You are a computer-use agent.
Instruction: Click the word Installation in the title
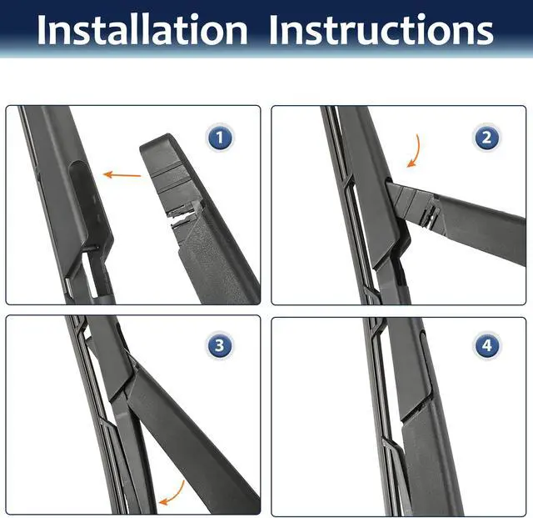coord(142,30)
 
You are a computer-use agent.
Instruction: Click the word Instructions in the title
coord(381,30)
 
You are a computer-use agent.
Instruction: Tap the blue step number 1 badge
coord(220,138)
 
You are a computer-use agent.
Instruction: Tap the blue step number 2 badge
coord(486,138)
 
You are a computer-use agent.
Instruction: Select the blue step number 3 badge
coord(220,345)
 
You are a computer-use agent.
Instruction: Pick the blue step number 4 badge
coord(486,345)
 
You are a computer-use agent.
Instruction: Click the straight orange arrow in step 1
coord(122,175)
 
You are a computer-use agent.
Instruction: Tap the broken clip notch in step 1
coord(182,215)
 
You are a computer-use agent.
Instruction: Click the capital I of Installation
coord(42,30)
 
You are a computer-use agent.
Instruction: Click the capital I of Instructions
coord(274,30)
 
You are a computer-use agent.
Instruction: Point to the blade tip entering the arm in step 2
coord(391,187)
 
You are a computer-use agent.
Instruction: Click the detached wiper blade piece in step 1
coord(202,218)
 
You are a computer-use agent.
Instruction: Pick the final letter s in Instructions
coord(485,33)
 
